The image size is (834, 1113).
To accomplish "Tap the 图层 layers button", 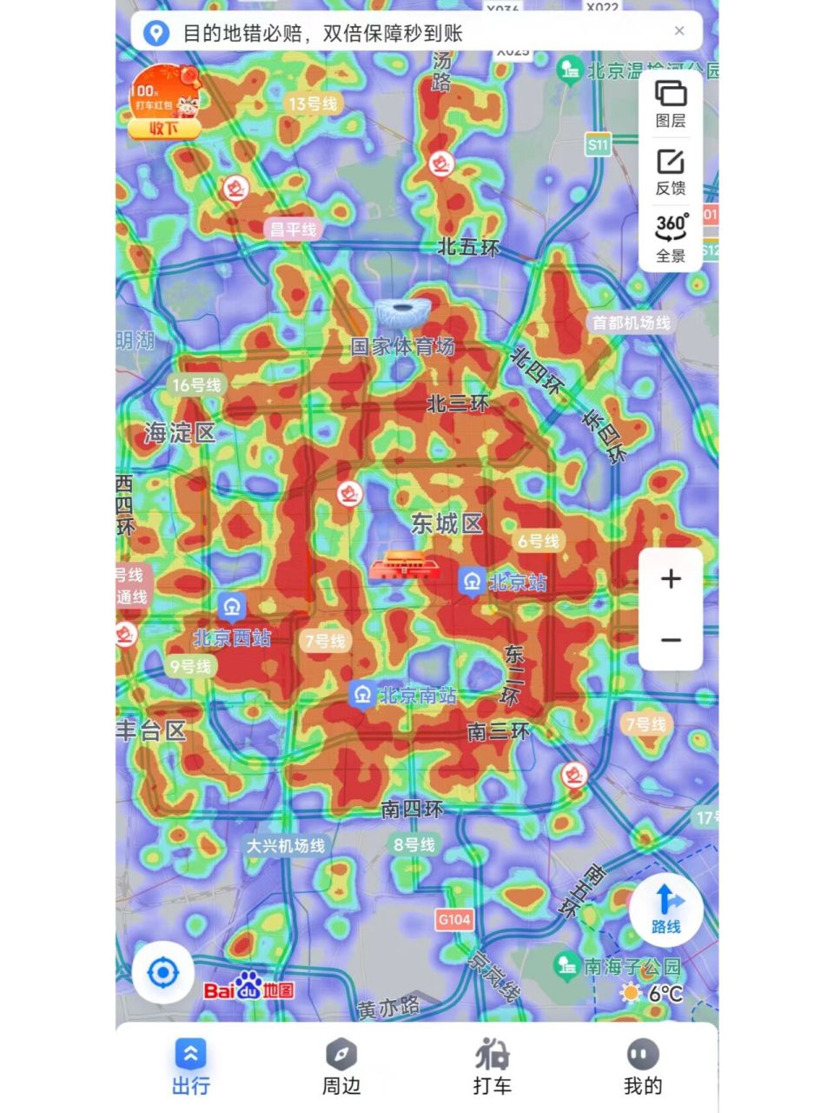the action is (670, 103).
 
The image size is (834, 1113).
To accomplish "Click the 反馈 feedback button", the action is (670, 171).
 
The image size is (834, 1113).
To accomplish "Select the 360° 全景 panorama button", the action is (670, 237).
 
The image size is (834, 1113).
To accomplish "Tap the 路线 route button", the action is (665, 909).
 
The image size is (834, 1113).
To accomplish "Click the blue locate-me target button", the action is (163, 972).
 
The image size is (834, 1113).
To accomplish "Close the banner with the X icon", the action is (679, 31).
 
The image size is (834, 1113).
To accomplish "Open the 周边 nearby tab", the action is (341, 1067).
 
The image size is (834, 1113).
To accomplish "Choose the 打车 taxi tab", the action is (492, 1067).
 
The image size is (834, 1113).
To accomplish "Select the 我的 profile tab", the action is (642, 1067).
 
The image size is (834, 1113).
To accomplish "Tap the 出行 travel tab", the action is (190, 1067).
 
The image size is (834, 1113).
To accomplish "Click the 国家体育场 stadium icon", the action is (402, 313).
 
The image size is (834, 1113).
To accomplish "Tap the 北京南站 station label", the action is (417, 696).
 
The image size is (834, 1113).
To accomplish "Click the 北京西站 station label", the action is (232, 637).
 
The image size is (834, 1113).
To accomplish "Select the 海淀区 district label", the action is (180, 432).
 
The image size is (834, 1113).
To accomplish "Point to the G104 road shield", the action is (454, 919).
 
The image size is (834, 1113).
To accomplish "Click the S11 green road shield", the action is (598, 144).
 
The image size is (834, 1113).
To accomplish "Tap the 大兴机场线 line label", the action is (286, 845).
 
